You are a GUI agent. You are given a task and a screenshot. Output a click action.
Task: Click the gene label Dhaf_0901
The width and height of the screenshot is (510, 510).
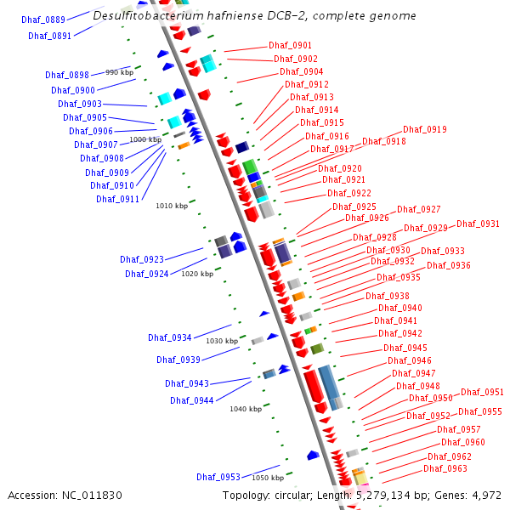click(x=290, y=45)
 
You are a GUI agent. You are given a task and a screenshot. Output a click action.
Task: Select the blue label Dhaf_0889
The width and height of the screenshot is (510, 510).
click(x=43, y=20)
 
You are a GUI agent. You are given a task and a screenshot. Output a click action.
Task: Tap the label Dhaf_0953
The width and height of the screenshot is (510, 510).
click(x=218, y=477)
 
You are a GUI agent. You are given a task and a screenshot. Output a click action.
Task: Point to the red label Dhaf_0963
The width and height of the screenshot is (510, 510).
click(x=445, y=468)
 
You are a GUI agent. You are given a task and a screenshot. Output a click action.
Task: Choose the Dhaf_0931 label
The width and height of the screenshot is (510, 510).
click(x=478, y=224)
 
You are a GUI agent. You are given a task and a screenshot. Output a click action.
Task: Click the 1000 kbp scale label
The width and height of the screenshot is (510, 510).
click(x=144, y=139)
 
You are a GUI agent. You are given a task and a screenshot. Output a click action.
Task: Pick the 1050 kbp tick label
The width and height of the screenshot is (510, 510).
click(x=267, y=478)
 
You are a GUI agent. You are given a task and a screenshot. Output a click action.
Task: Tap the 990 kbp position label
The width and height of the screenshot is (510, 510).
click(x=119, y=73)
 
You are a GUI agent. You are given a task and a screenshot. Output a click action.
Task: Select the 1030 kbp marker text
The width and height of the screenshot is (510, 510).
click(x=222, y=341)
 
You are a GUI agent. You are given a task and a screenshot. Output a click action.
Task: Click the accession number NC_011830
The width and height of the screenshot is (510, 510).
click(x=94, y=495)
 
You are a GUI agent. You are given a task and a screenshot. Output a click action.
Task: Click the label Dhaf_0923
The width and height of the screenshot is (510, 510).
click(x=142, y=258)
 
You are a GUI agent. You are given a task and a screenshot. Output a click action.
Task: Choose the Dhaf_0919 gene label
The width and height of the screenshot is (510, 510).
click(x=425, y=129)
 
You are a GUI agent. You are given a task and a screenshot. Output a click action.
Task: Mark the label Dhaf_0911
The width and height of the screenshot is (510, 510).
click(x=118, y=199)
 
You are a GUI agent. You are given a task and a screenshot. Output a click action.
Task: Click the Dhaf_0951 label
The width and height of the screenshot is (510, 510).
click(x=482, y=392)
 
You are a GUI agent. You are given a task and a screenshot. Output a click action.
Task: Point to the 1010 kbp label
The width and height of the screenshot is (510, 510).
click(x=172, y=206)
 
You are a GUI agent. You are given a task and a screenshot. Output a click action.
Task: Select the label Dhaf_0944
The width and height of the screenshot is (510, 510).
click(x=192, y=400)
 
